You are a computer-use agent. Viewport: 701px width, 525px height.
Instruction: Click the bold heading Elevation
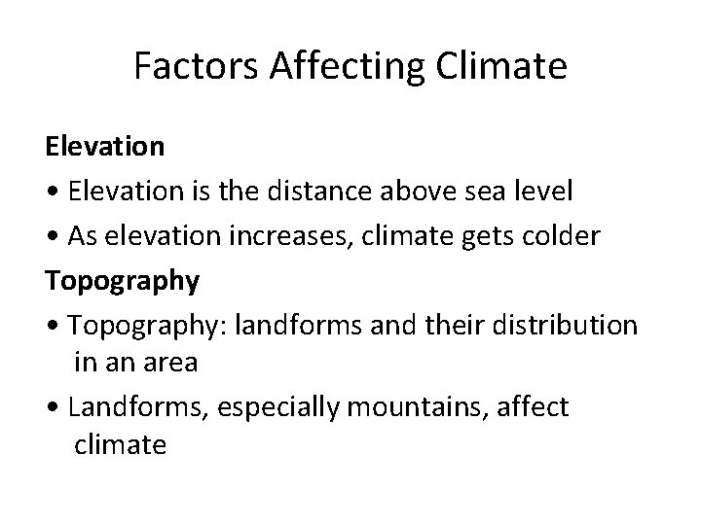click(104, 148)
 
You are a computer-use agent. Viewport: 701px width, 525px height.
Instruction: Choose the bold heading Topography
click(122, 282)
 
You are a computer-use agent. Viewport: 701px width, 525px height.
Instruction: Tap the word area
click(168, 364)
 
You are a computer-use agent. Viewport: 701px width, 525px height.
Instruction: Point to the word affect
click(531, 408)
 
